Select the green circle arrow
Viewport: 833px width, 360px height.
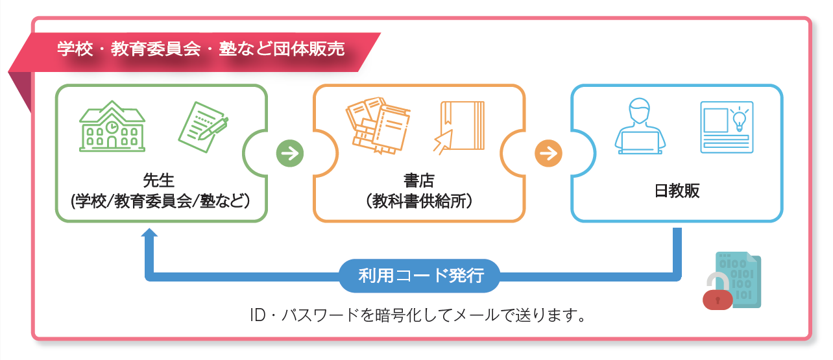coord(290,154)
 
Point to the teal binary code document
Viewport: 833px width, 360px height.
coord(740,280)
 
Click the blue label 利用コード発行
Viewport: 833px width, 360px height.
coord(421,275)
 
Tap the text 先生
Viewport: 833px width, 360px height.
coord(160,179)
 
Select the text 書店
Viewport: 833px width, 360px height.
coord(418,179)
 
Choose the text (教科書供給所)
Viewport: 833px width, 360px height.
coord(418,200)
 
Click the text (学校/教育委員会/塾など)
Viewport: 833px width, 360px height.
coord(160,200)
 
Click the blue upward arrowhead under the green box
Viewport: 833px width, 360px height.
coord(149,234)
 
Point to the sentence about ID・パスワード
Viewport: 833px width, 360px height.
coord(418,316)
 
